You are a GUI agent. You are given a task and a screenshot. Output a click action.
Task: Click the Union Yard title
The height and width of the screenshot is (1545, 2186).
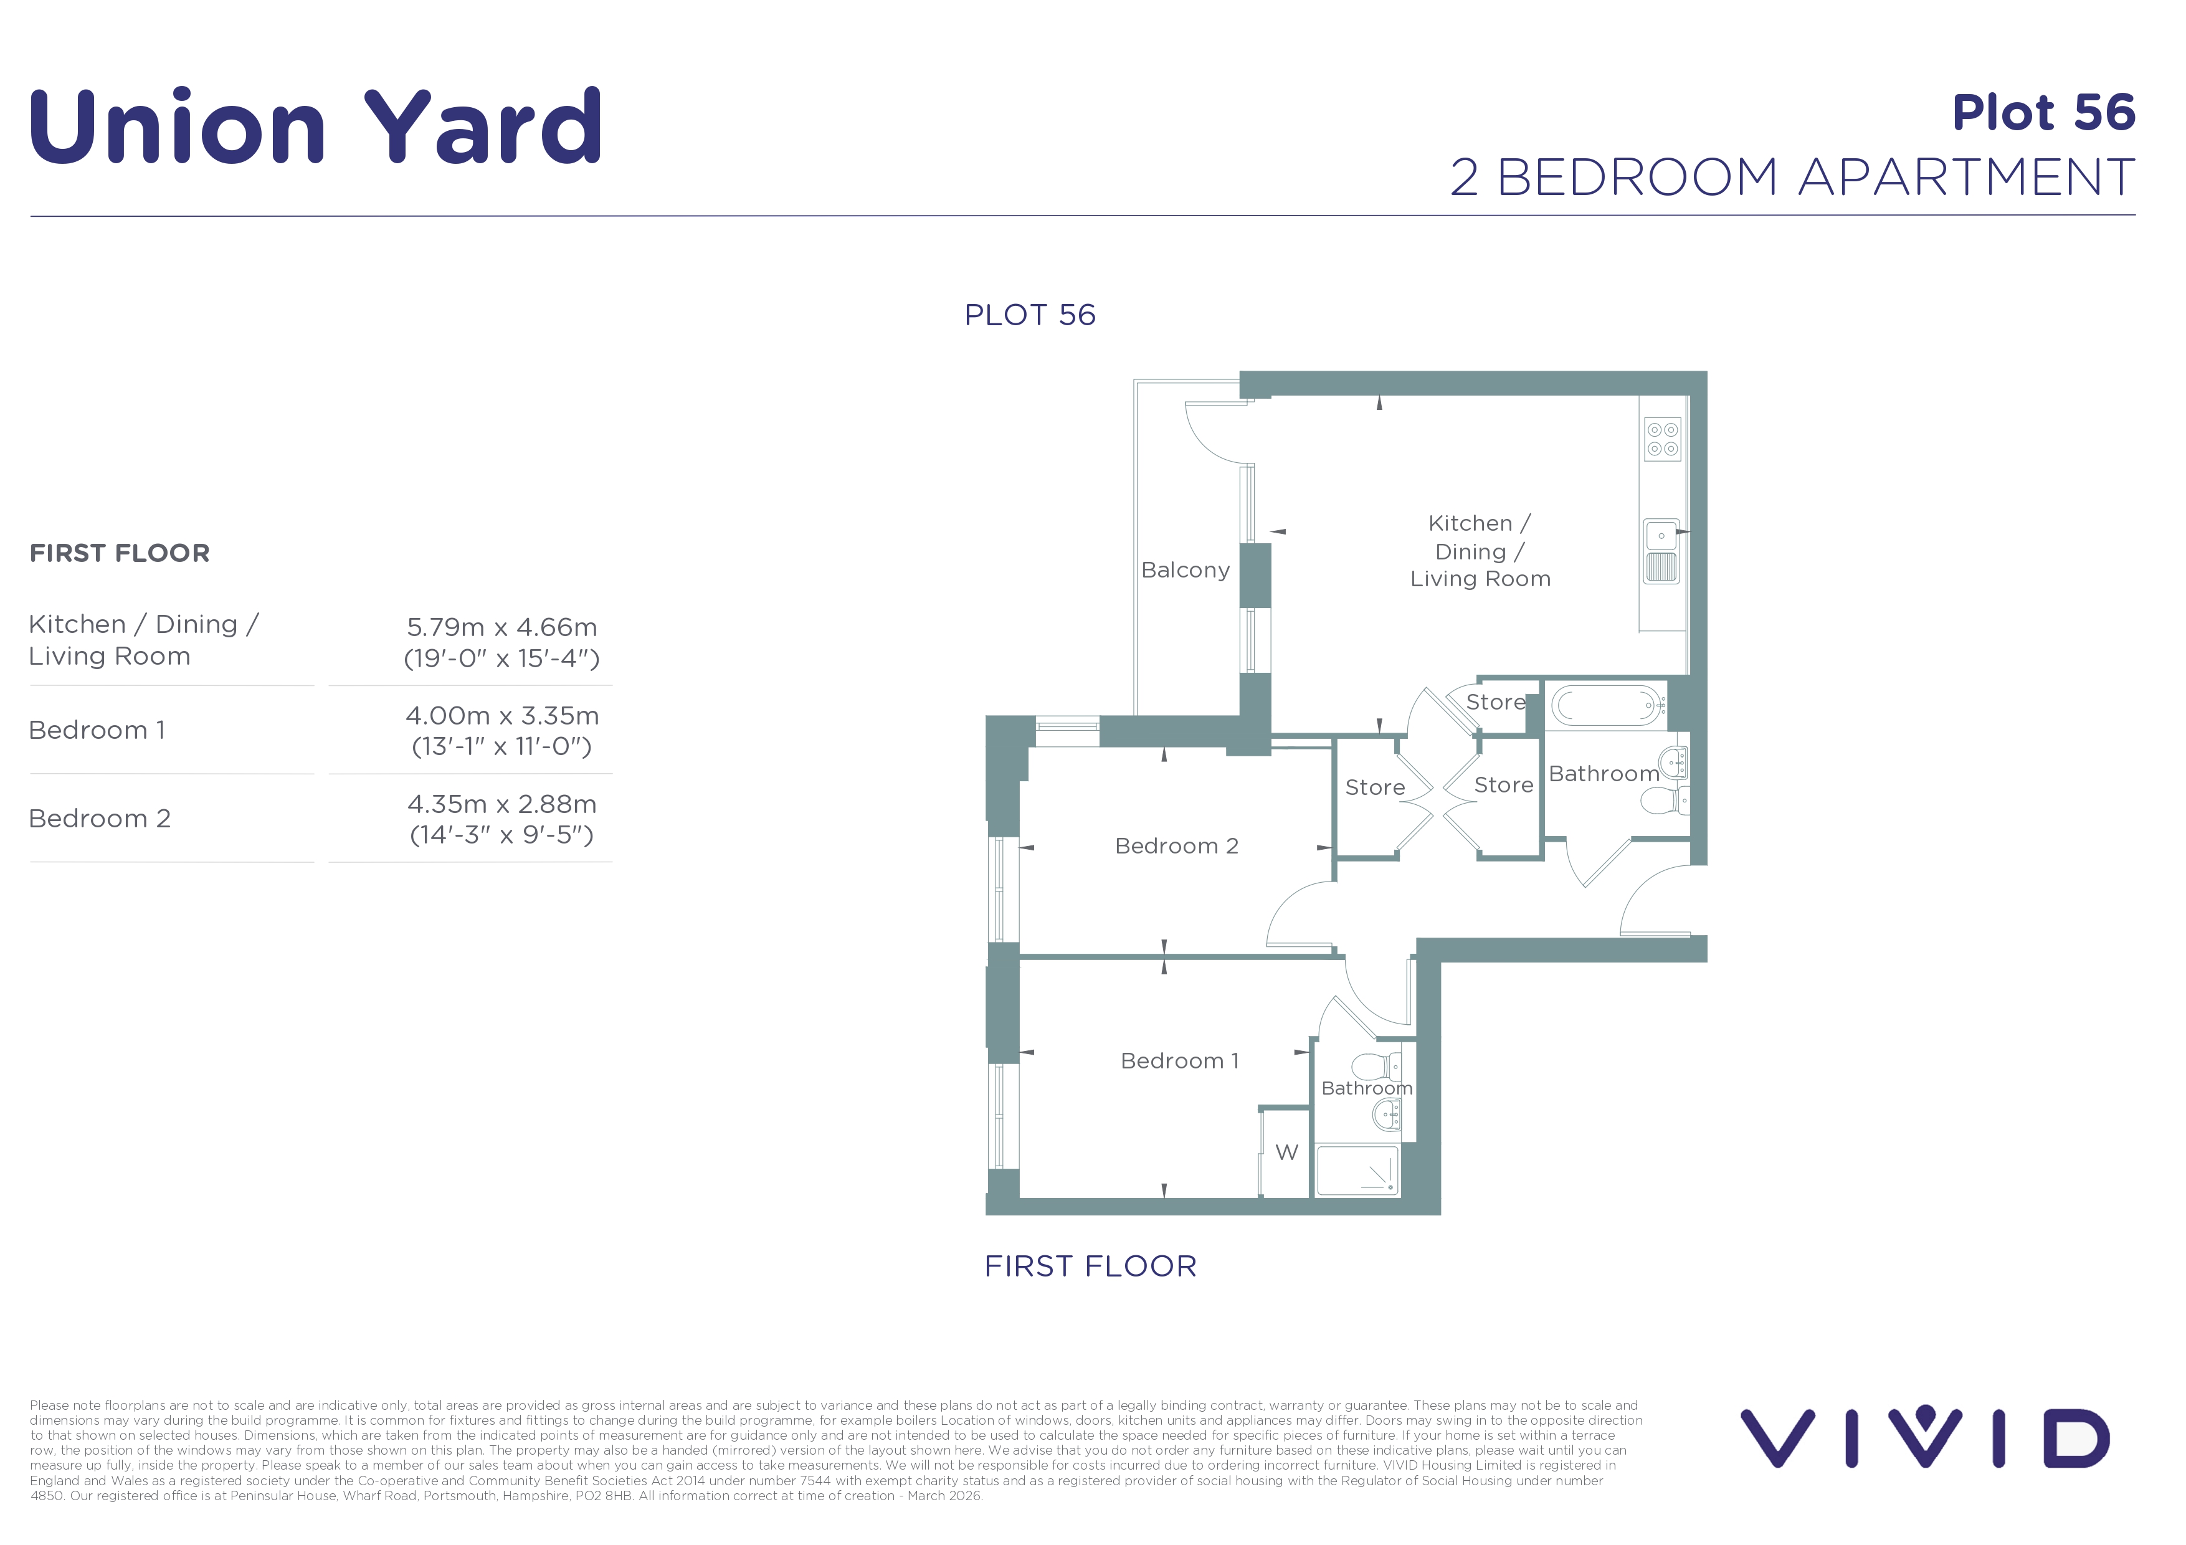[x=315, y=126]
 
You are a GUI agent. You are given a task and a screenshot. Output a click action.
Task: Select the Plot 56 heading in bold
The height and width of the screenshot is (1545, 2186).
[x=2043, y=112]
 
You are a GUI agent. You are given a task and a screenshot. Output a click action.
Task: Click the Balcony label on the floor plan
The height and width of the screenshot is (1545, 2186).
[x=1186, y=570]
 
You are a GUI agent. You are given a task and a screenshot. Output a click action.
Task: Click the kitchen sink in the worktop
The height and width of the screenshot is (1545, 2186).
[x=1662, y=552]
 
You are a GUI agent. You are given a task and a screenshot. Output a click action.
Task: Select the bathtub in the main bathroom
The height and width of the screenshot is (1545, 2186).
[x=1607, y=705]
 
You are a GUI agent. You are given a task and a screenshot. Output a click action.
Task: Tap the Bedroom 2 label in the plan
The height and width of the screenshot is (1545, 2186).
[x=1177, y=846]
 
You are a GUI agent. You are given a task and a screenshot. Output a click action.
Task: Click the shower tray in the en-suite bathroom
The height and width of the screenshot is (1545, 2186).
[x=1357, y=1171]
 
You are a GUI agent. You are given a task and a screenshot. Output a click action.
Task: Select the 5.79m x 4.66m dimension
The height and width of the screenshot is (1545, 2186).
[x=501, y=627]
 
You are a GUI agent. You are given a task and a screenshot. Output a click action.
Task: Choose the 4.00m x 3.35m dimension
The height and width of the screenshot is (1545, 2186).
[x=501, y=716]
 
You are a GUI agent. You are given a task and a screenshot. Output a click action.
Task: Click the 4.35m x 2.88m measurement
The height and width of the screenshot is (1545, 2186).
[x=501, y=804]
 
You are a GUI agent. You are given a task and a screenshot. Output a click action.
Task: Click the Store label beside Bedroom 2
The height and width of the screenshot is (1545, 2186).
[x=1375, y=787]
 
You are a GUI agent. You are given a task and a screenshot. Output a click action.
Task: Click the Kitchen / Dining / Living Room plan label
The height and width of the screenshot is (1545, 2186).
[x=1480, y=551]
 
